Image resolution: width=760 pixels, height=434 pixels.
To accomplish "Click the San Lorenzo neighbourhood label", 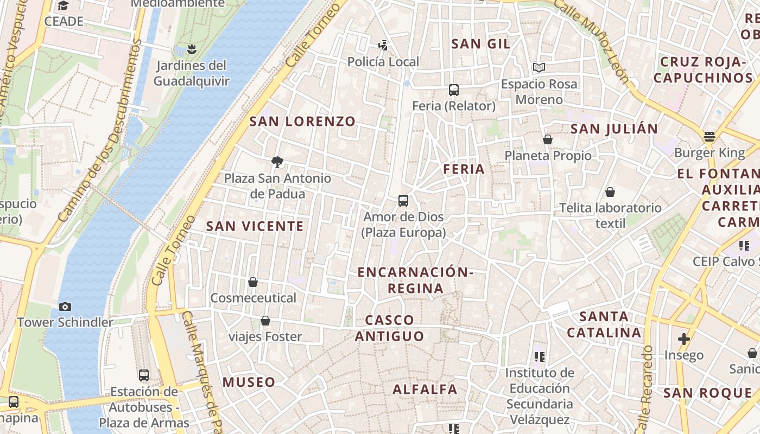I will coord(302,122).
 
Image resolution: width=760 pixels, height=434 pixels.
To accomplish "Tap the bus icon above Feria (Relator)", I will coord(454,90).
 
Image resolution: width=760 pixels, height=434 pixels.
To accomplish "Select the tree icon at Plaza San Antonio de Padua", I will coord(277,162).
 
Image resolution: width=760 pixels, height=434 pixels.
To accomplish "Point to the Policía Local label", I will coord(383,62).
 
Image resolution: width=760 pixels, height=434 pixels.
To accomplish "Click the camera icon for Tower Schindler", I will coord(65,307).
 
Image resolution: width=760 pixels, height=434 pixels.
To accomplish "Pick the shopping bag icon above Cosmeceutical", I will coord(253,282).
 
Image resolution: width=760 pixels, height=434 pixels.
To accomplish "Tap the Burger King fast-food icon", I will coord(709,136).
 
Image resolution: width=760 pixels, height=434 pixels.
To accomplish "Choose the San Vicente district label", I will coord(255,227).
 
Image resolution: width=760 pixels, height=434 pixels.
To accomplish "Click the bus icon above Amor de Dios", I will coord(403,201).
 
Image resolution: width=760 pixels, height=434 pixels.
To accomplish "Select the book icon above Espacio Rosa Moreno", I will coord(539,68).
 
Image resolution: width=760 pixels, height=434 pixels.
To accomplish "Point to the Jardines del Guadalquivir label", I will coord(191,73).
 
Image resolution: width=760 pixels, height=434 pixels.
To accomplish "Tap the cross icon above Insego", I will coord(684,340).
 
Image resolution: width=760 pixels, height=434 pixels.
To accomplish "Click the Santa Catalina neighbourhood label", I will coord(604,324).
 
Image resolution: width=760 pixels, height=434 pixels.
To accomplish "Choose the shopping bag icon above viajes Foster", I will coord(265,321).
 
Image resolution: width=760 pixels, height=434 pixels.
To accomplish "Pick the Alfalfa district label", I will coord(425,390).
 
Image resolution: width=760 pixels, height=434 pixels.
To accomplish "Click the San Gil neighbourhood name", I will coord(481,44).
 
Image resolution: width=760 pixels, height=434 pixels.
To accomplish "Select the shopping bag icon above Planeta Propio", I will coord(547,140).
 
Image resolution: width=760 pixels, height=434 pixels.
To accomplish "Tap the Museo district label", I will coord(249,382).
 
